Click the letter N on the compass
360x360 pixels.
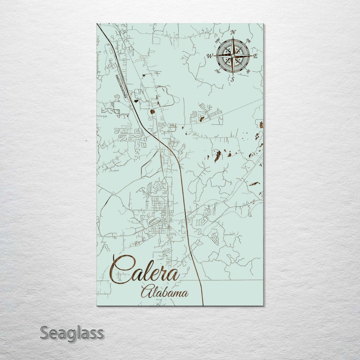coord(233,32)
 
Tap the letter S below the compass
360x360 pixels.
coord(233,79)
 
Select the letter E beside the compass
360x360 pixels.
coord(255,56)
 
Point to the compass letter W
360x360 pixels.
coord(210,56)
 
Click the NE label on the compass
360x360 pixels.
coord(248,41)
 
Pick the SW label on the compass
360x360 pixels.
coord(218,71)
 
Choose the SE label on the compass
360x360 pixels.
coord(248,71)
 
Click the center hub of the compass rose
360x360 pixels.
coord(233,56)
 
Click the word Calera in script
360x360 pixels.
coord(145,270)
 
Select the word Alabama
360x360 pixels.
coord(164,292)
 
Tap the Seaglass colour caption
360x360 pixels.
coord(72,333)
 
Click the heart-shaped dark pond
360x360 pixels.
coord(136,101)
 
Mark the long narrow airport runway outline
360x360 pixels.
coord(121,86)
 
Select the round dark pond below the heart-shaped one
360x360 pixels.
coord(152,112)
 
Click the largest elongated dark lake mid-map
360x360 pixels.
coord(218,156)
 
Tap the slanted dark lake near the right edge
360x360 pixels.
coord(255,184)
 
